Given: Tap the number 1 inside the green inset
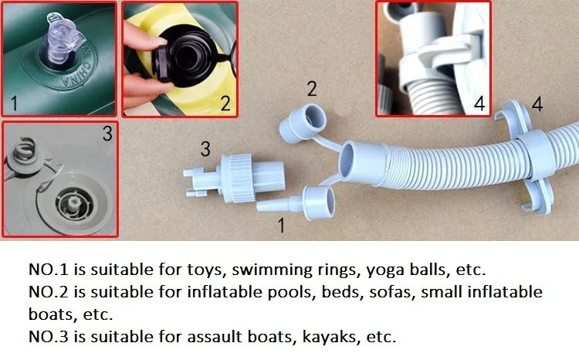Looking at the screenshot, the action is tap(15, 103).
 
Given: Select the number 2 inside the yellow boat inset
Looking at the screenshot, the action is tap(225, 104).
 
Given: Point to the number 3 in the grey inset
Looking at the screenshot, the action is tap(107, 134).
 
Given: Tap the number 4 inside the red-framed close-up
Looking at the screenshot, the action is tap(479, 103).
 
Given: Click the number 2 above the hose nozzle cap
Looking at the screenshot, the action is tap(312, 89).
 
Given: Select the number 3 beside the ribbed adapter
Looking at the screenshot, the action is tap(205, 148).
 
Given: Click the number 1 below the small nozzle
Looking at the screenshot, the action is tap(281, 226).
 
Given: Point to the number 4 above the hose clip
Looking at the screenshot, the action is tap(537, 104).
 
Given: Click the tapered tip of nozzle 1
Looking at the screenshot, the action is tap(258, 206).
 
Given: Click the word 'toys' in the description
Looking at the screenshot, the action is tap(206, 270).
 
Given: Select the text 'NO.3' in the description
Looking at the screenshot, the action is tap(49, 337).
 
